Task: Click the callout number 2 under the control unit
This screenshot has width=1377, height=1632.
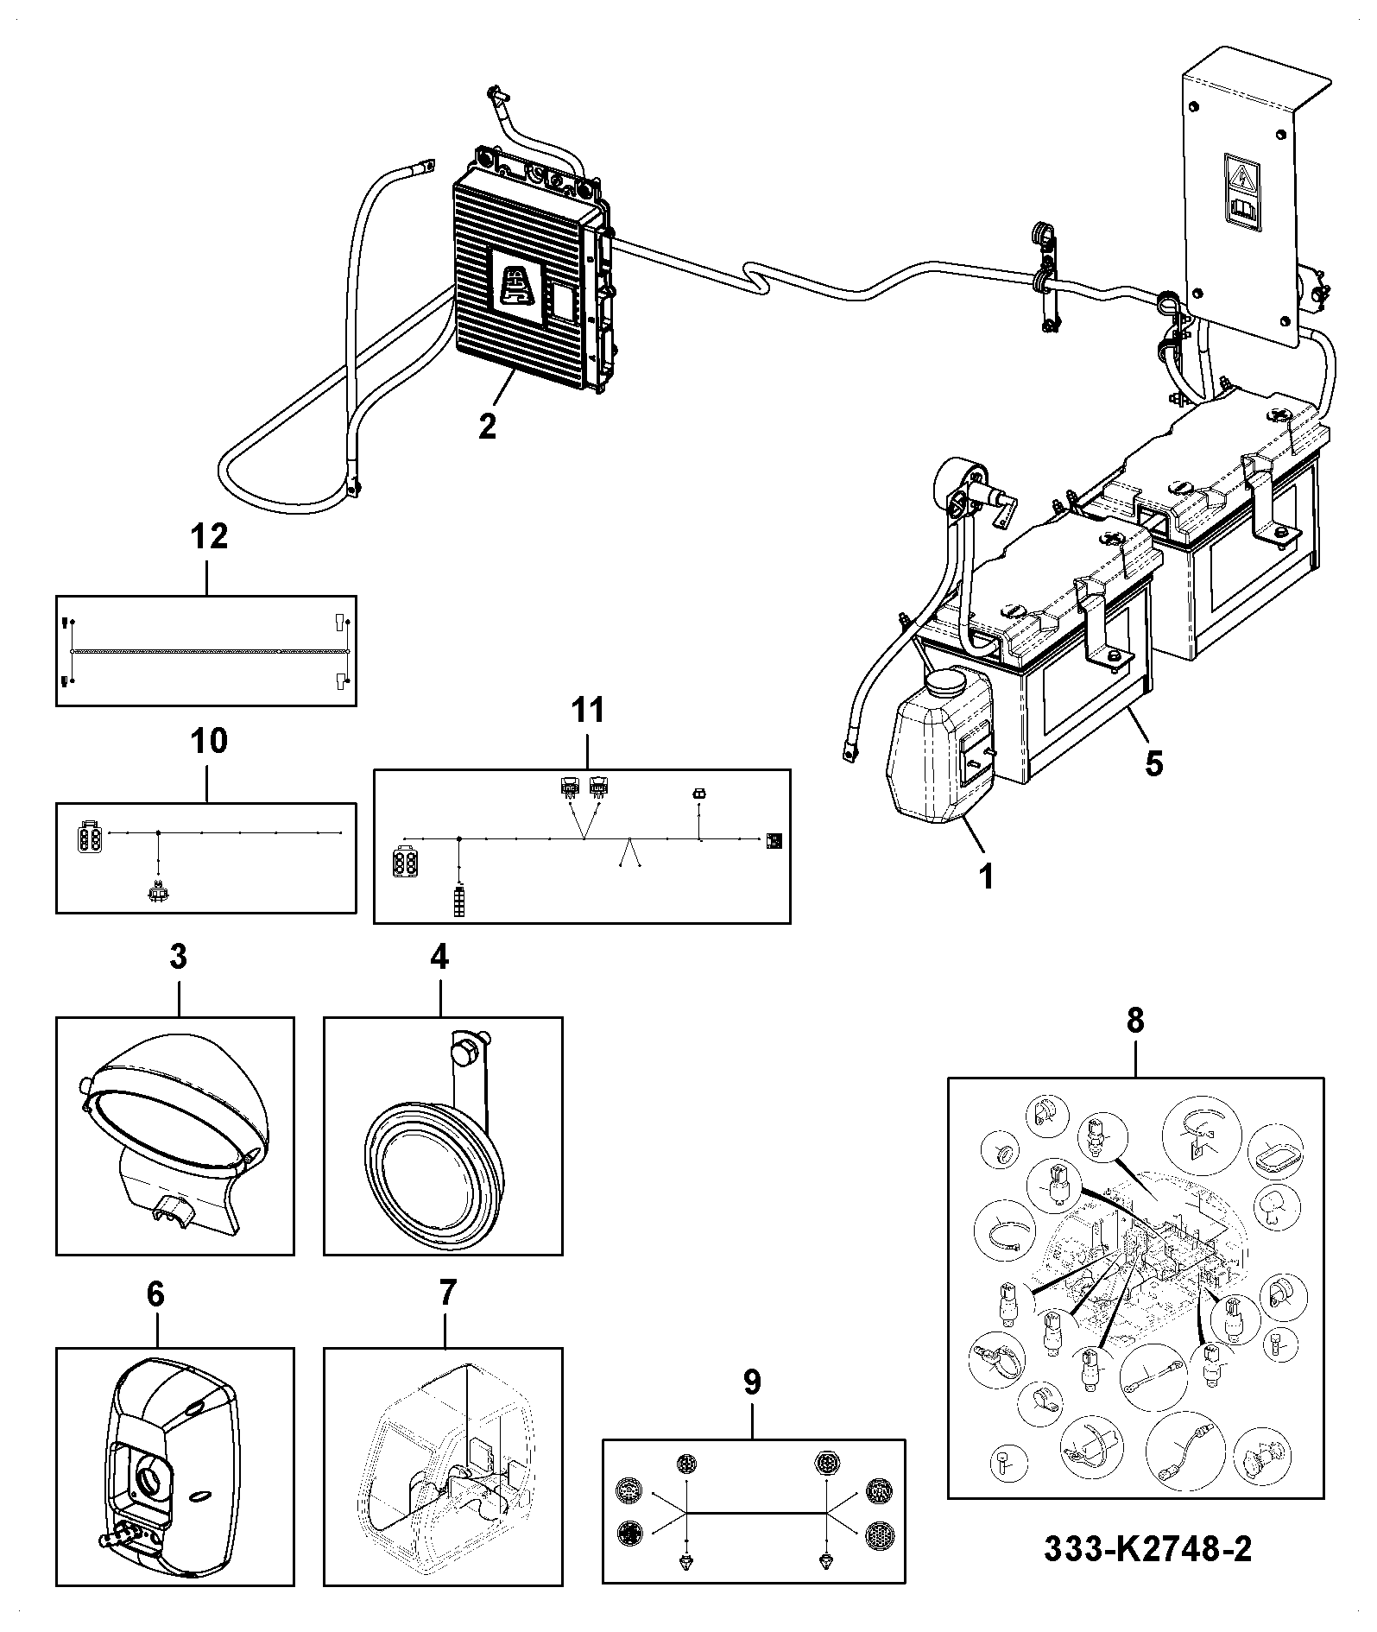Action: tap(488, 427)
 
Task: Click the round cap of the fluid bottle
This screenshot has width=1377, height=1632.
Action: tap(946, 683)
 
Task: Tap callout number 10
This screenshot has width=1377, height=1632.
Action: tap(208, 740)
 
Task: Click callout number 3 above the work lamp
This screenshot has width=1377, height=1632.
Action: tap(178, 957)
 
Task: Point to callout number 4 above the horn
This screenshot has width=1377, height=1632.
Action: tap(439, 957)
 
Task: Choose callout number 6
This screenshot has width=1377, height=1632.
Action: tap(155, 1294)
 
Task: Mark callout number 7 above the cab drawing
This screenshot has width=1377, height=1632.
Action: tap(445, 1294)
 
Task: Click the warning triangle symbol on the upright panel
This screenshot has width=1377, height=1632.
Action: tap(1243, 179)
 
